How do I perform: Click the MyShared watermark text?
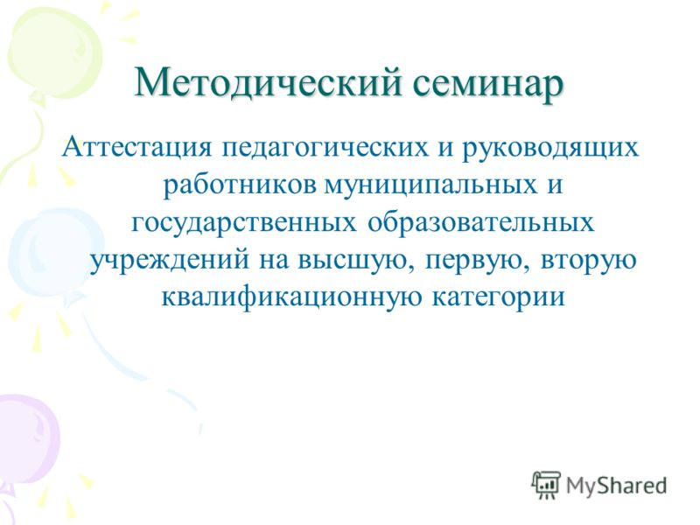tap(616, 484)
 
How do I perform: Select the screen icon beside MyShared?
tap(546, 485)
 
